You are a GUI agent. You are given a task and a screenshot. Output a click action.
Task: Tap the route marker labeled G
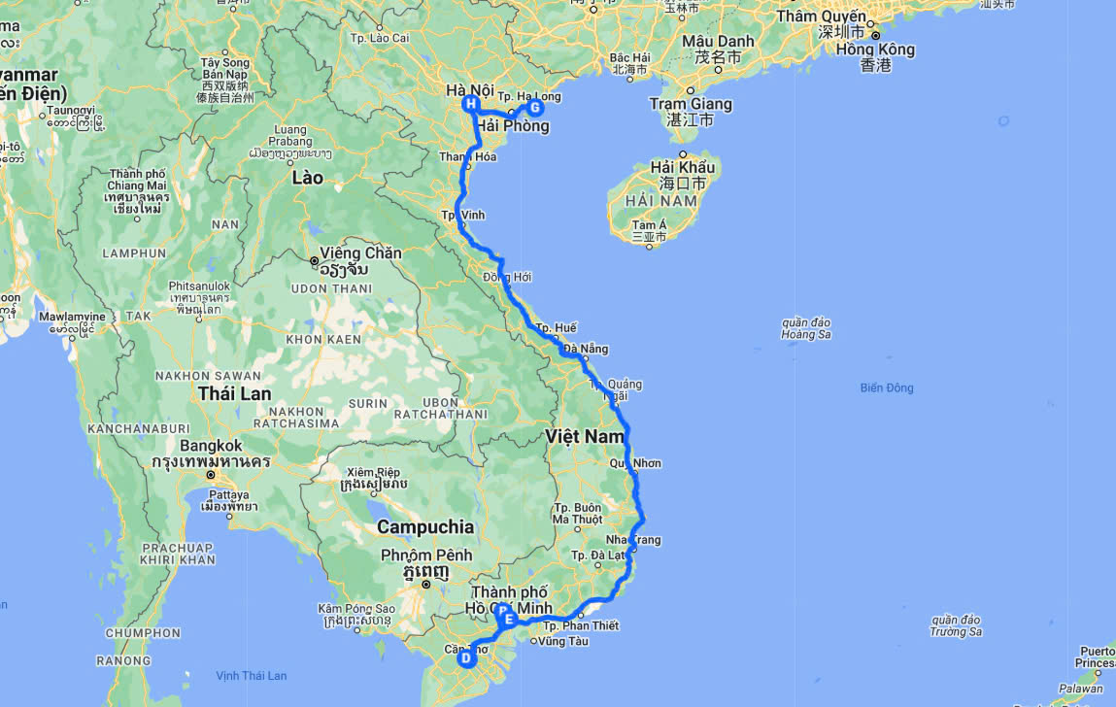(534, 108)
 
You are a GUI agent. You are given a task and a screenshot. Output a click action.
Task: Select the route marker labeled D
(466, 658)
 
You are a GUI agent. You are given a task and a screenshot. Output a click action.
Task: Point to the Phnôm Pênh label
(426, 555)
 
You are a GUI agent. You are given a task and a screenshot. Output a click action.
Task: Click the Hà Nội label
(470, 90)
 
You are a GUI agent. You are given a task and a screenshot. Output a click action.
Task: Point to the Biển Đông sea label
(886, 388)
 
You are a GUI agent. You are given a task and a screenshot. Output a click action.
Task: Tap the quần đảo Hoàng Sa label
(806, 328)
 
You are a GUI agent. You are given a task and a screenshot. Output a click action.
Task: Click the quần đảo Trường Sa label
(955, 625)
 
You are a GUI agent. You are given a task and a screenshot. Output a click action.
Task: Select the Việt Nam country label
(585, 437)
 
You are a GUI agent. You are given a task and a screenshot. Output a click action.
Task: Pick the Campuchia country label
(425, 527)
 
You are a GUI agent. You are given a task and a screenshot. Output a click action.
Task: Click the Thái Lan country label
(234, 393)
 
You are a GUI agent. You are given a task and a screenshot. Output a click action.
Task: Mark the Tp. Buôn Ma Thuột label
(578, 513)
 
